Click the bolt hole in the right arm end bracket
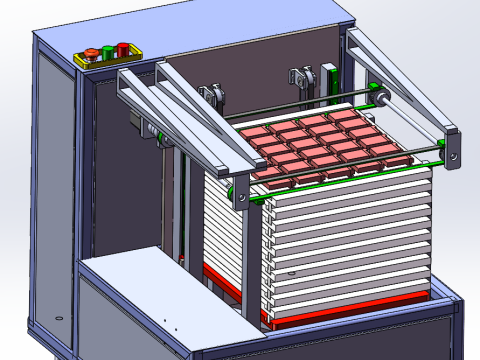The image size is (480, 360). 454,155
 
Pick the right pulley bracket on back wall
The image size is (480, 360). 298,77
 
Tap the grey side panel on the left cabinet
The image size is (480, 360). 55,200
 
